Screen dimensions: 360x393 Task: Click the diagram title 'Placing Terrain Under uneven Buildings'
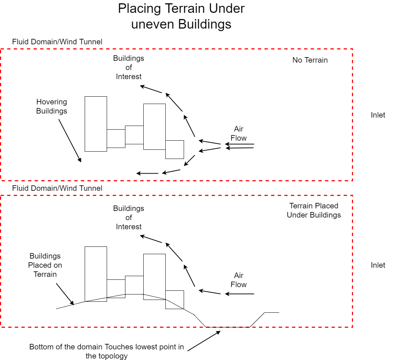point(181,16)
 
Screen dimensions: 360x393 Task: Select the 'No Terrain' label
point(310,60)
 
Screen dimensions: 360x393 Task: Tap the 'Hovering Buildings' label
point(52,107)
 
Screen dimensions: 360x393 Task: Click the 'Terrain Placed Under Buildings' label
point(314,211)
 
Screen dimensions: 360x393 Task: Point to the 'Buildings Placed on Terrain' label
point(45,265)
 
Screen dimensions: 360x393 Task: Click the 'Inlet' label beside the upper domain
point(378,115)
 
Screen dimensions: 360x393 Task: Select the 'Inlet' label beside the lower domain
point(378,265)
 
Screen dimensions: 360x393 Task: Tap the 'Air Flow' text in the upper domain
point(239,134)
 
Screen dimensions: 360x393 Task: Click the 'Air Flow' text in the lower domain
point(239,280)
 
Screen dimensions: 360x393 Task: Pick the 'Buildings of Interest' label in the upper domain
point(129,67)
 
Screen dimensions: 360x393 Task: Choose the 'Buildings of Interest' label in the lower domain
point(129,218)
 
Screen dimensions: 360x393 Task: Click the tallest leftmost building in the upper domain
point(96,124)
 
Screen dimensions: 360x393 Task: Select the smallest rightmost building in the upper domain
point(175,149)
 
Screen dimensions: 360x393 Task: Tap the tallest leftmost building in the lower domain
point(96,273)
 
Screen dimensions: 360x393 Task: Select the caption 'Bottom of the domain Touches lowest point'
point(107,351)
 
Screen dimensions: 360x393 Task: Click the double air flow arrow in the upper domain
point(240,146)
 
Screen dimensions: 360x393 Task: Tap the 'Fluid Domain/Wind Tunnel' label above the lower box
point(57,188)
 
